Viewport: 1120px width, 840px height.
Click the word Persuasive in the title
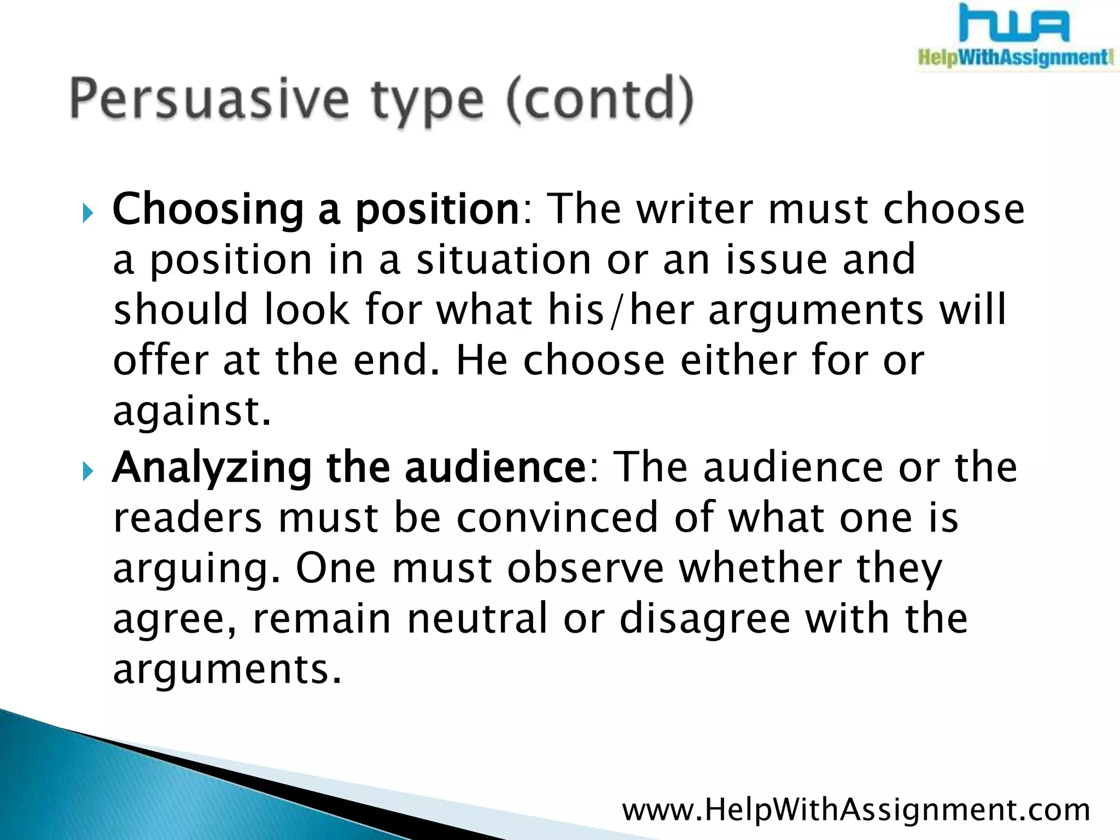pos(209,100)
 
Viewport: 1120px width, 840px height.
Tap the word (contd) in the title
pos(599,100)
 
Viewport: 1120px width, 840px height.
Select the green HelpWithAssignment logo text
pos(1014,57)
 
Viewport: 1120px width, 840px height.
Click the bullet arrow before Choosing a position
pos(88,214)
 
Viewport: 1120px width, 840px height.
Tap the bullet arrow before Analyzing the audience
pos(88,471)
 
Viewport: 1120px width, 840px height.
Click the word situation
pos(504,259)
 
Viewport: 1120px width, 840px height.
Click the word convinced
pos(557,517)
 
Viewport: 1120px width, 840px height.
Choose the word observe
pos(585,568)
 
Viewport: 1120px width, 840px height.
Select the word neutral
pos(477,619)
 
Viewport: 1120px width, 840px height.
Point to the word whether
pos(760,568)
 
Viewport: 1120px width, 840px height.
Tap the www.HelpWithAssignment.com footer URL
pos(856,810)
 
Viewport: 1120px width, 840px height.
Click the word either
pos(738,360)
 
